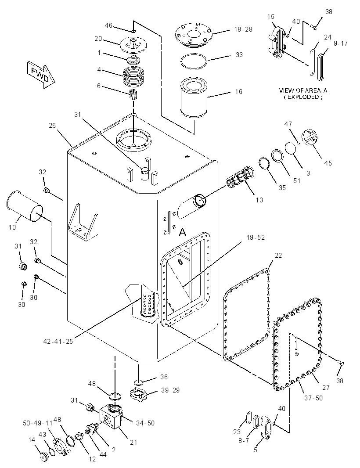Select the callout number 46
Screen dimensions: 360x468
[x=108, y=25]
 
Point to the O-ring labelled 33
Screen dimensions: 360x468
[x=194, y=61]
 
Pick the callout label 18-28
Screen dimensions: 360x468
[x=243, y=29]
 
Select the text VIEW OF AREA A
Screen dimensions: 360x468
[x=303, y=90]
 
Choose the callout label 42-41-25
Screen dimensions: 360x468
[x=58, y=342]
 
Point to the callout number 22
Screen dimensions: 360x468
[x=278, y=256]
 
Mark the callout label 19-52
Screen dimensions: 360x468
[x=256, y=238]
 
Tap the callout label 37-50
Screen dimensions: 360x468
[x=313, y=398]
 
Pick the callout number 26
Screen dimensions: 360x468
[x=52, y=126]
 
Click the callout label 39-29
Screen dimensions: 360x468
[x=170, y=390]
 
